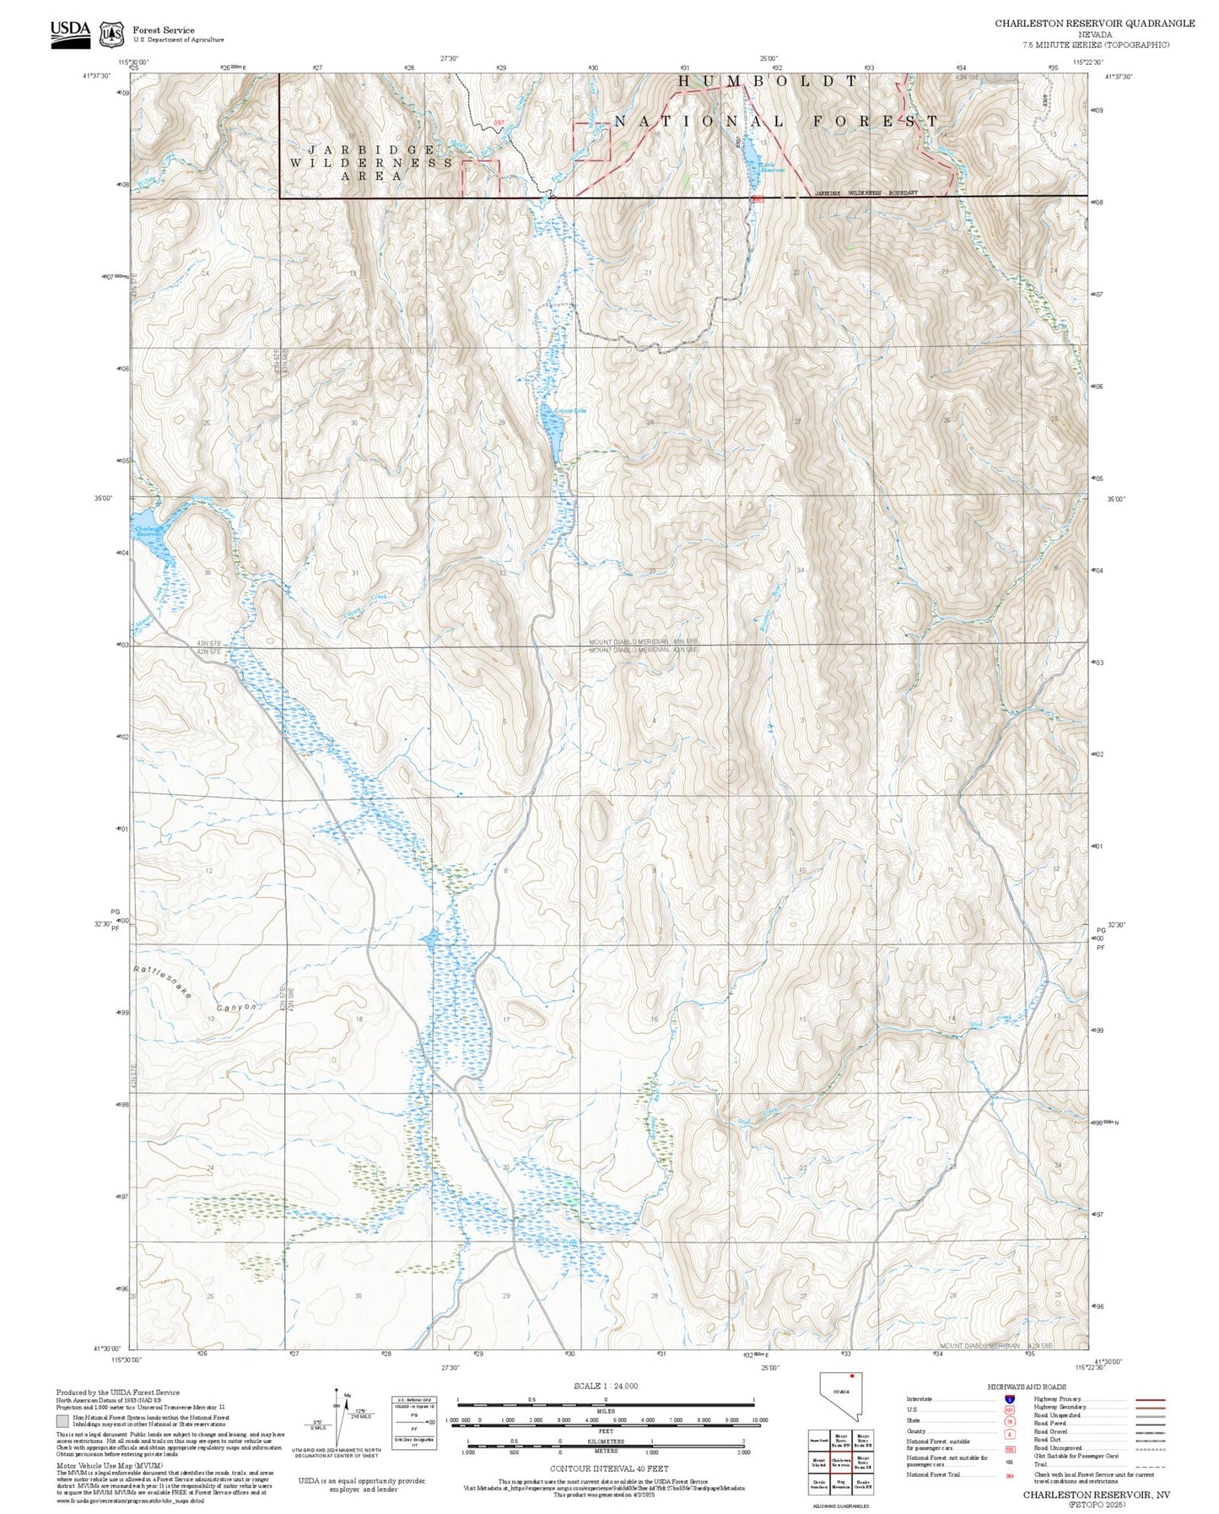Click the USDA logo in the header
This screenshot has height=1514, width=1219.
(70, 31)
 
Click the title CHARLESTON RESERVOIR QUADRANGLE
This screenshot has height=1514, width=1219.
(1094, 23)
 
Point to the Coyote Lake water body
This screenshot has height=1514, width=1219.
(552, 433)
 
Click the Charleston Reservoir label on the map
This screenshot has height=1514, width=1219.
(148, 532)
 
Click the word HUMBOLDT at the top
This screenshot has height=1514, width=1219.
(768, 81)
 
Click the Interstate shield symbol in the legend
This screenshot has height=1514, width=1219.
(1009, 1399)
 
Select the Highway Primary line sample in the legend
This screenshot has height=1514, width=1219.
(1150, 1399)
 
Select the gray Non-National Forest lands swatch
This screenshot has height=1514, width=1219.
(62, 1421)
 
